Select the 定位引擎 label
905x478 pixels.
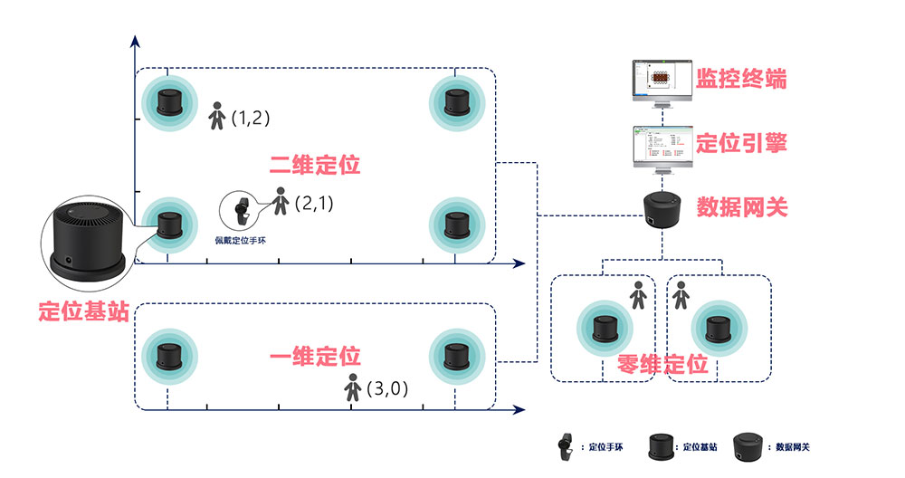[740, 143]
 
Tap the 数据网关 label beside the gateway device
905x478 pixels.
[741, 207]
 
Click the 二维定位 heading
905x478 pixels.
[315, 166]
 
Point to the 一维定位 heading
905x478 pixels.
[315, 357]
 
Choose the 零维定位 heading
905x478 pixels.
[662, 365]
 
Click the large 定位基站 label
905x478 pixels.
[83, 311]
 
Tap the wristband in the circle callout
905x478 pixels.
[240, 212]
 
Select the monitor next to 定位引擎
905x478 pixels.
[661, 146]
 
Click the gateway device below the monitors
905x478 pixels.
[661, 209]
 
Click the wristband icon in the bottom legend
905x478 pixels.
[567, 445]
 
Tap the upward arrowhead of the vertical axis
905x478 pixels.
[135, 42]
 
